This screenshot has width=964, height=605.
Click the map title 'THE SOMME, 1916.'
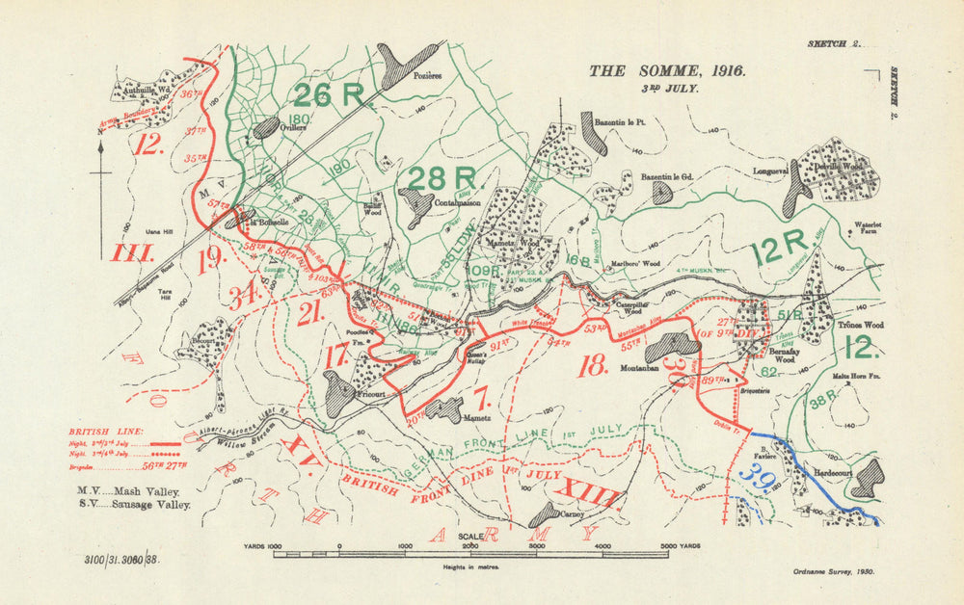[665, 70]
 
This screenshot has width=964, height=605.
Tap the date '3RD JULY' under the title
[665, 88]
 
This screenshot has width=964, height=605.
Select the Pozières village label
[427, 76]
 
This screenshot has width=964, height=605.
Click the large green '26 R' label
[328, 94]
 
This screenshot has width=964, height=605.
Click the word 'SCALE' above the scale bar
[471, 537]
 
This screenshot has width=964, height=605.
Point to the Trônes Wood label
[859, 326]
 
